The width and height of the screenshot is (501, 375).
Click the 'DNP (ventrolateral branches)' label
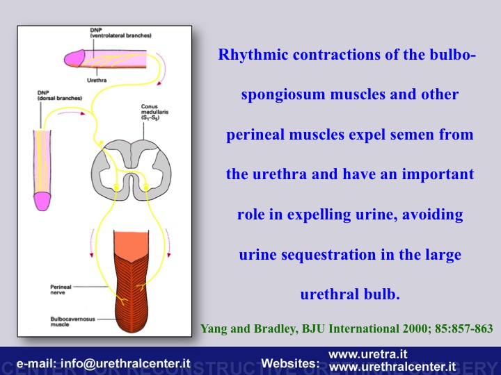[x=120, y=33]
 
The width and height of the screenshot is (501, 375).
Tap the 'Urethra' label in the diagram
[x=97, y=80]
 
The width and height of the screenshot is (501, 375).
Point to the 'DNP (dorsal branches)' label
[x=59, y=95]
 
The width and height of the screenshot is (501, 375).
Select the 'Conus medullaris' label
[x=154, y=112]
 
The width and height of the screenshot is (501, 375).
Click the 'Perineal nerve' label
[x=61, y=290]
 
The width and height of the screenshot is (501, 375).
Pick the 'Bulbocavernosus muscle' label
[x=72, y=322]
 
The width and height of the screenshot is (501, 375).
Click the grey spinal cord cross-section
[x=131, y=170]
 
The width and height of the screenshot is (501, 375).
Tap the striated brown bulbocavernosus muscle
[x=131, y=293]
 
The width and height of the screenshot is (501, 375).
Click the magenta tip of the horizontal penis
[x=74, y=58]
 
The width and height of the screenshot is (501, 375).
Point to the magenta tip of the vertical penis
[x=42, y=201]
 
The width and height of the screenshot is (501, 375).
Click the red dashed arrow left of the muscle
[x=92, y=242]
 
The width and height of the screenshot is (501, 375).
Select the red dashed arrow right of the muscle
[x=168, y=242]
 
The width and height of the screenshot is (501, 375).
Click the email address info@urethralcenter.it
[x=125, y=363]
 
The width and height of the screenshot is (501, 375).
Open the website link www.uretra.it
[x=368, y=355]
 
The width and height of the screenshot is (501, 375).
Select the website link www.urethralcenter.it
[x=392, y=367]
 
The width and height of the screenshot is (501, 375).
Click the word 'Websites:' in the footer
[x=290, y=363]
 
